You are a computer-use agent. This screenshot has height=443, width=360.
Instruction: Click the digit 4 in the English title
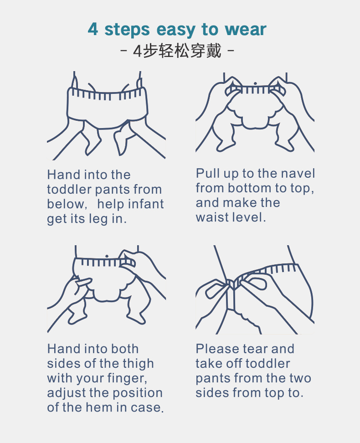(93, 29)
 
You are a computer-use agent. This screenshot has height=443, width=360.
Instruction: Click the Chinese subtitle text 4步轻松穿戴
(177, 51)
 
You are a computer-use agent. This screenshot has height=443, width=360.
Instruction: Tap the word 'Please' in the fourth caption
(213, 349)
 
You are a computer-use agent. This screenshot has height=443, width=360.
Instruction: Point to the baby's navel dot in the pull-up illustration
(256, 83)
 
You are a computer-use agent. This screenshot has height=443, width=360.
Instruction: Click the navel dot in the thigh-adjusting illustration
(107, 257)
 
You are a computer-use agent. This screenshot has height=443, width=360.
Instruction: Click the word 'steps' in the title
(127, 30)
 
